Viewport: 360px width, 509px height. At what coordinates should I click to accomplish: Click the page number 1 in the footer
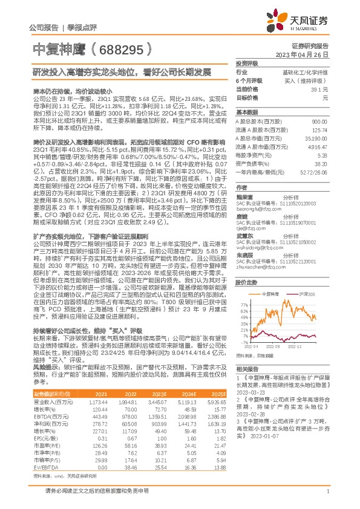[327, 498]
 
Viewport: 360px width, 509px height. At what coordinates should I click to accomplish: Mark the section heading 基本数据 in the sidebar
[247, 112]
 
